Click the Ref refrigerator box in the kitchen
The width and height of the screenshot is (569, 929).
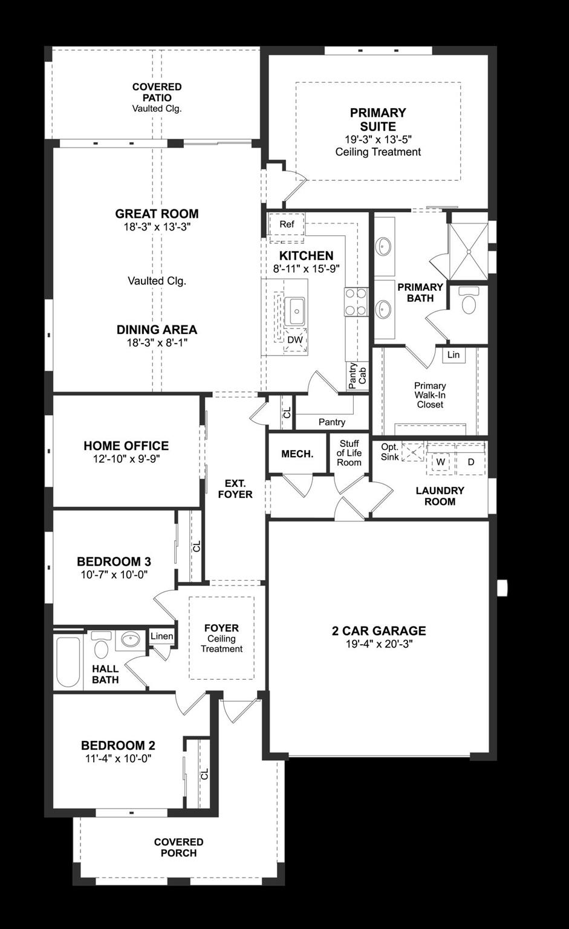(x=287, y=224)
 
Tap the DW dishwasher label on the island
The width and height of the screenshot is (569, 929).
(x=295, y=340)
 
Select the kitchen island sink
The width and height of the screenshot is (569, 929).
(x=296, y=311)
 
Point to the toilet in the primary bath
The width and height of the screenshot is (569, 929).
(x=469, y=301)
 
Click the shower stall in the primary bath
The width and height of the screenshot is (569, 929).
(x=468, y=251)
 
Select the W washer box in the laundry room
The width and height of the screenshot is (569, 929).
(x=441, y=462)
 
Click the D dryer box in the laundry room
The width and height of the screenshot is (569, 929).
(x=471, y=462)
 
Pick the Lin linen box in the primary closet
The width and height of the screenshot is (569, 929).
(x=454, y=355)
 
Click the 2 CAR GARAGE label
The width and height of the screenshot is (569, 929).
(x=379, y=631)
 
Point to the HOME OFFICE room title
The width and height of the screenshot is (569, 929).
(x=126, y=446)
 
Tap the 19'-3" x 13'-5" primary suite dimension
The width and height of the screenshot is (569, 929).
(x=378, y=139)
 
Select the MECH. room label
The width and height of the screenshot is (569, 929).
(x=298, y=454)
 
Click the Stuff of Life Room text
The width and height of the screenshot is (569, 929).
(x=349, y=453)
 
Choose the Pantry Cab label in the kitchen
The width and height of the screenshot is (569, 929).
(x=357, y=376)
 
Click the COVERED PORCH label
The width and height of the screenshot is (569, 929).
(x=178, y=847)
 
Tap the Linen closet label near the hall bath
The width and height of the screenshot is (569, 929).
(x=161, y=636)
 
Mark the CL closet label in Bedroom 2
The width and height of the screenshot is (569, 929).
(x=204, y=774)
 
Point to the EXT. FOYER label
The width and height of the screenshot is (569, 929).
(x=235, y=489)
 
